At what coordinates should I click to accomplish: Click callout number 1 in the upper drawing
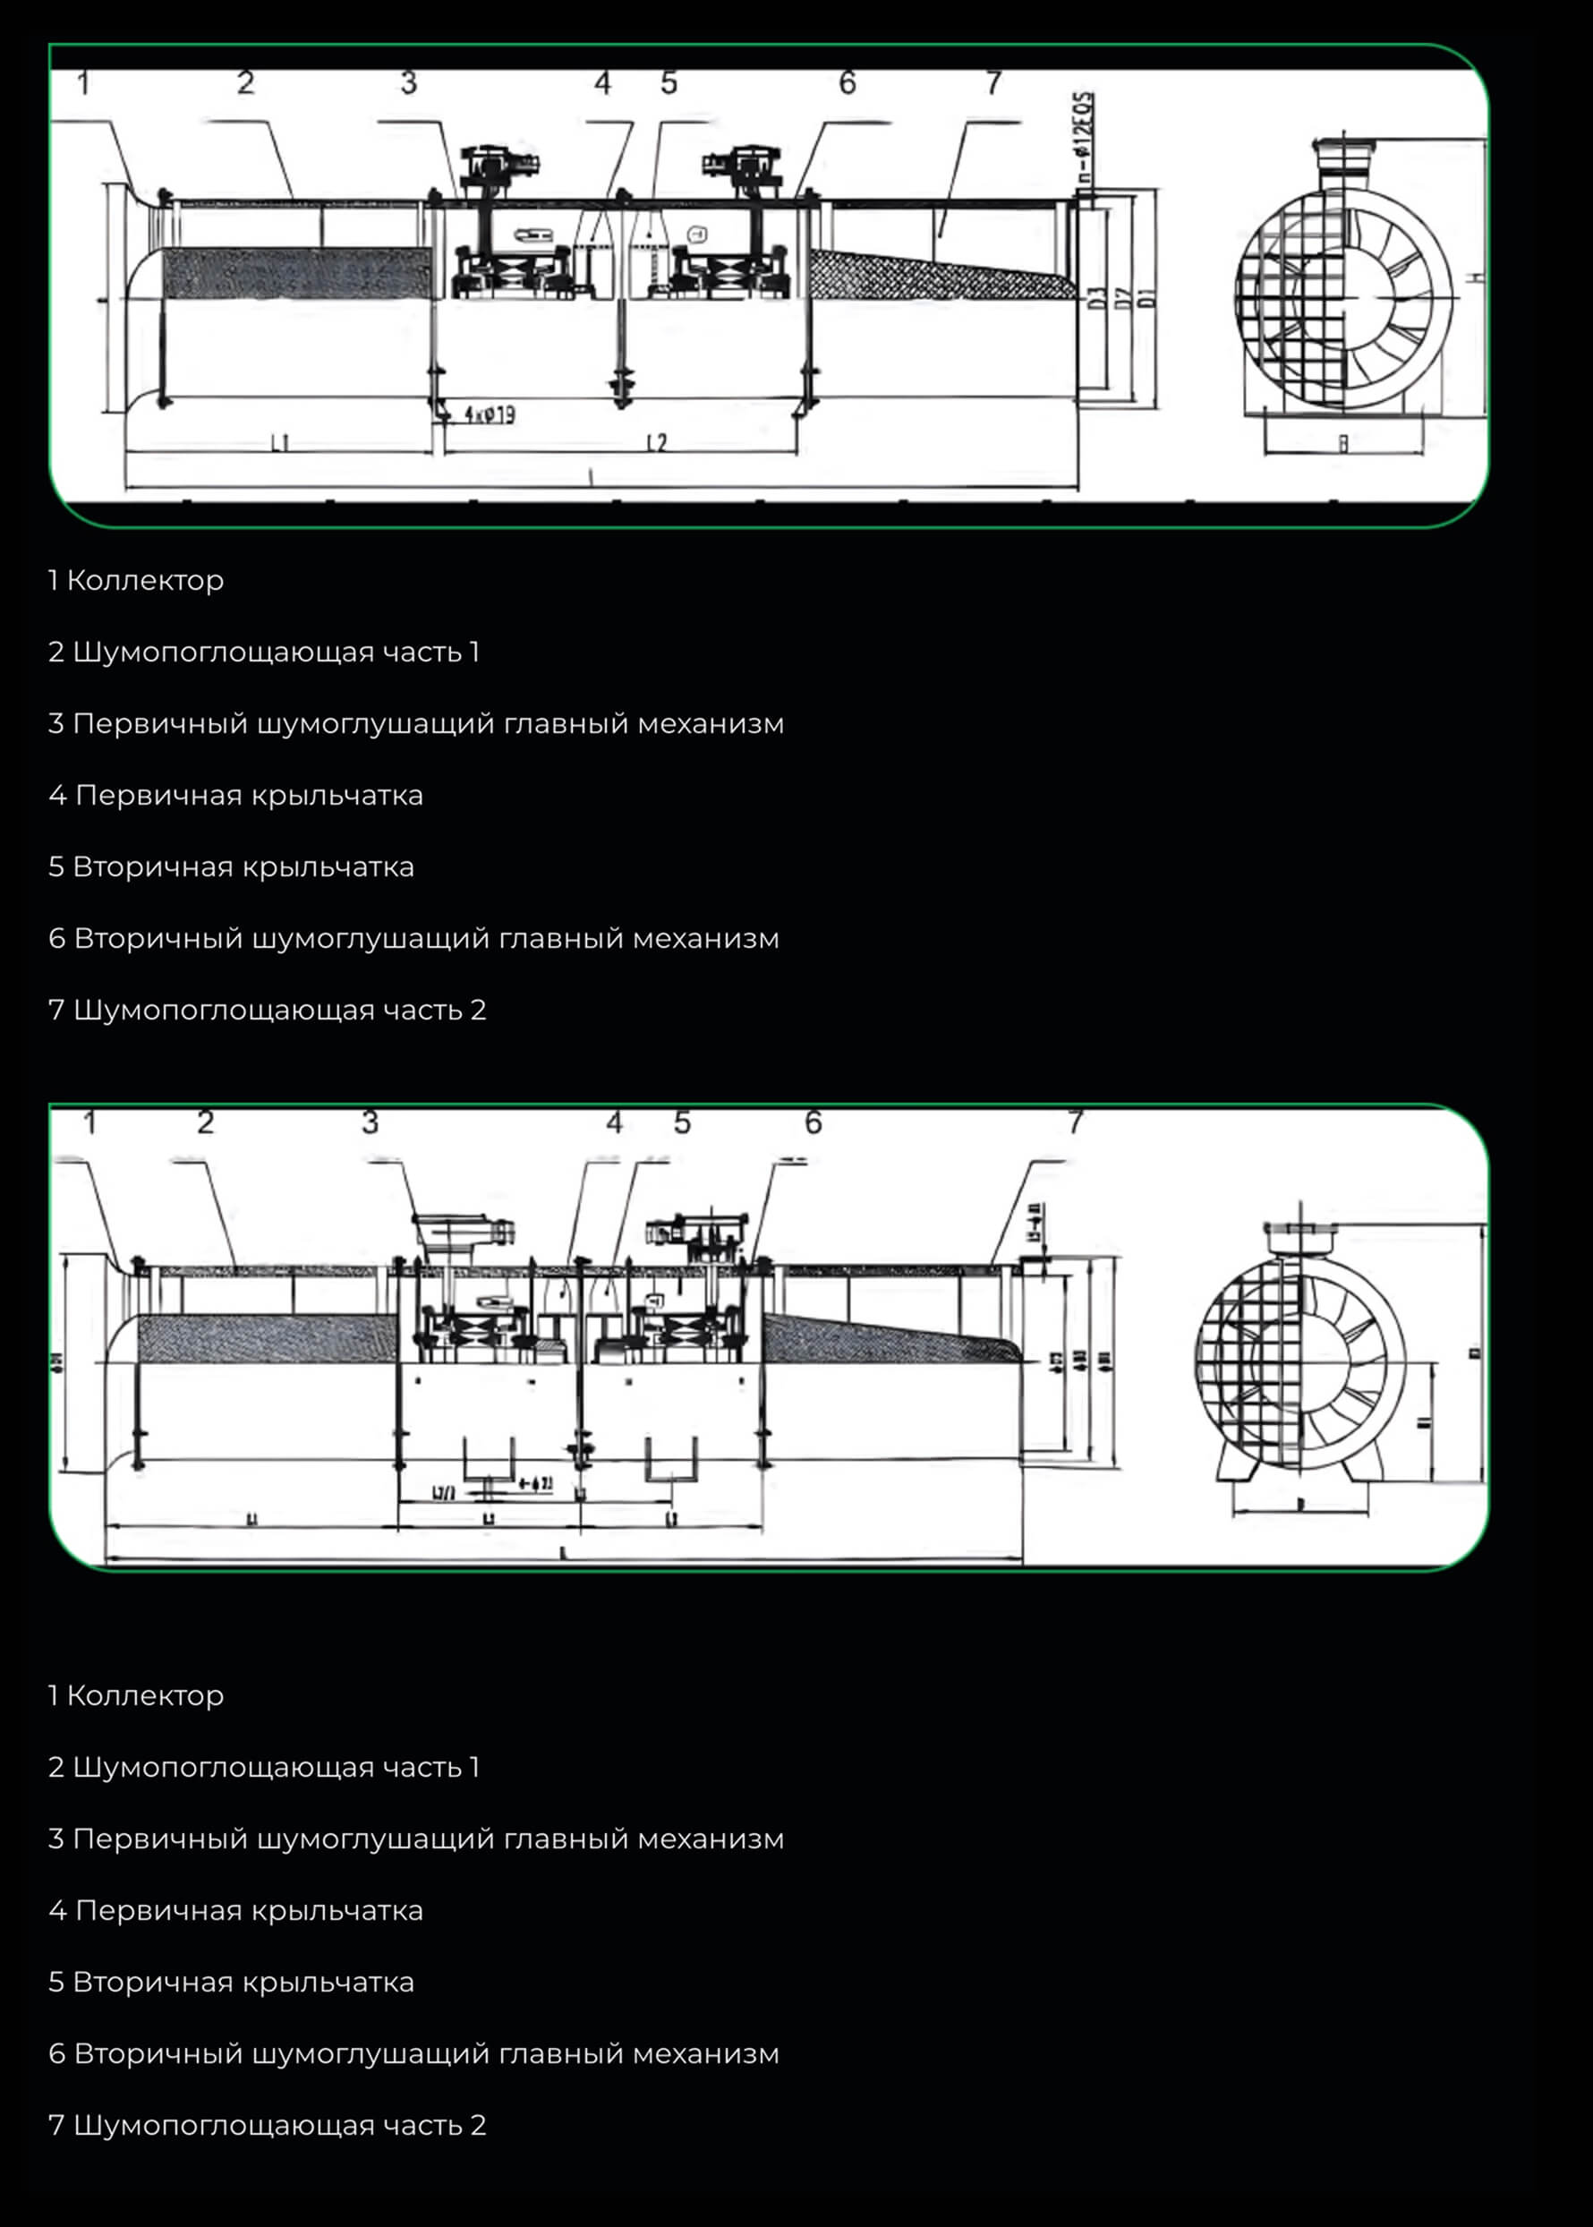[x=84, y=83]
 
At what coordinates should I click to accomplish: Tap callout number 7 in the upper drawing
[x=993, y=83]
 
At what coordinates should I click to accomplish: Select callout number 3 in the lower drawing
[x=370, y=1122]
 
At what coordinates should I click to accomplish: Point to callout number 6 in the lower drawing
[x=814, y=1122]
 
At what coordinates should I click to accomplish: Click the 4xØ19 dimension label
[x=490, y=415]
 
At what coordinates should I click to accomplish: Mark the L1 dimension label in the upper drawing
[x=280, y=443]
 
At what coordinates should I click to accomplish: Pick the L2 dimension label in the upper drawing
[x=656, y=443]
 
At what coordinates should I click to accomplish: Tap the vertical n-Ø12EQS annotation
[x=1084, y=137]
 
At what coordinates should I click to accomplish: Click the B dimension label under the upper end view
[x=1343, y=443]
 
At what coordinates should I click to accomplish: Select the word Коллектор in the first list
[x=145, y=581]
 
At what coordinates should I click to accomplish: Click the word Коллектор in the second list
[x=145, y=1696]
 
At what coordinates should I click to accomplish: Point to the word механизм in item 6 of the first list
[x=705, y=939]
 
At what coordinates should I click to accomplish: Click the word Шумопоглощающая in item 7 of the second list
[x=225, y=2126]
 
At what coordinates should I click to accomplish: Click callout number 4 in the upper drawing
[x=602, y=83]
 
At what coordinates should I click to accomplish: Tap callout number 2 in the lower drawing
[x=205, y=1122]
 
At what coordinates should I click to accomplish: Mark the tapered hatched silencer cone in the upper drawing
[x=932, y=275]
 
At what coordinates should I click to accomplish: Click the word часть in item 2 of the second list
[x=422, y=1768]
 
